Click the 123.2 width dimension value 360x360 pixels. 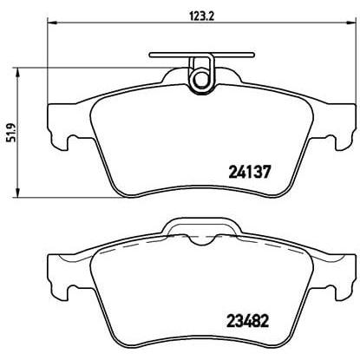(201, 16)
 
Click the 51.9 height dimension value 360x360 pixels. (11, 133)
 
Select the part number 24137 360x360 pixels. (250, 172)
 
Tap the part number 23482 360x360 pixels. (248, 321)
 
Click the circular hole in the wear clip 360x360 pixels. (200, 79)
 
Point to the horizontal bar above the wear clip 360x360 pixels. (202, 55)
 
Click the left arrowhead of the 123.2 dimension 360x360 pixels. (51, 22)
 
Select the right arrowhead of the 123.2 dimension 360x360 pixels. (351, 22)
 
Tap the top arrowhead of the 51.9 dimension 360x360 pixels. (18, 73)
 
